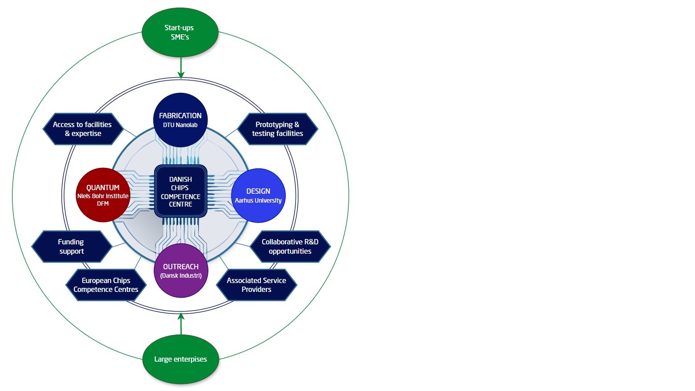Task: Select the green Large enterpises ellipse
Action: (x=180, y=359)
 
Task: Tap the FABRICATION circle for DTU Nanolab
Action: (x=180, y=120)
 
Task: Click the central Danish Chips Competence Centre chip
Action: (x=180, y=192)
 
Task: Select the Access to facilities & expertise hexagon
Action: (x=83, y=129)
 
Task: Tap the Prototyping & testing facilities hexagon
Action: (x=277, y=129)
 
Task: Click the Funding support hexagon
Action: (x=71, y=247)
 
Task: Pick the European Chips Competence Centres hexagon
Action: (x=106, y=285)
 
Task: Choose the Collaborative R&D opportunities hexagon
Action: (x=290, y=247)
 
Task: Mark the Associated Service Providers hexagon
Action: (x=256, y=285)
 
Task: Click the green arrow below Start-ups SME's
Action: (x=181, y=68)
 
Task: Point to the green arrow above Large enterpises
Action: (x=181, y=323)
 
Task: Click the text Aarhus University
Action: (x=258, y=200)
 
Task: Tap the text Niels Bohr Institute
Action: (x=103, y=196)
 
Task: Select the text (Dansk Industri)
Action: (x=181, y=275)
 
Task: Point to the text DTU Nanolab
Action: (x=180, y=125)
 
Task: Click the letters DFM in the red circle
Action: (x=103, y=203)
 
